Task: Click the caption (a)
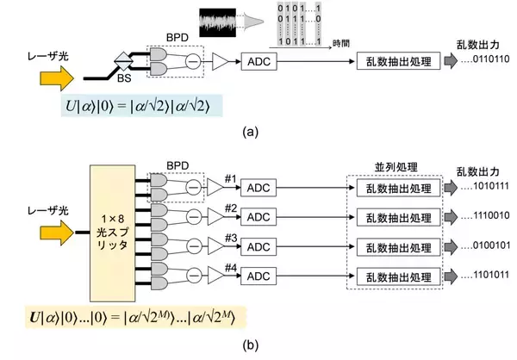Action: pyautogui.click(x=250, y=133)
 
